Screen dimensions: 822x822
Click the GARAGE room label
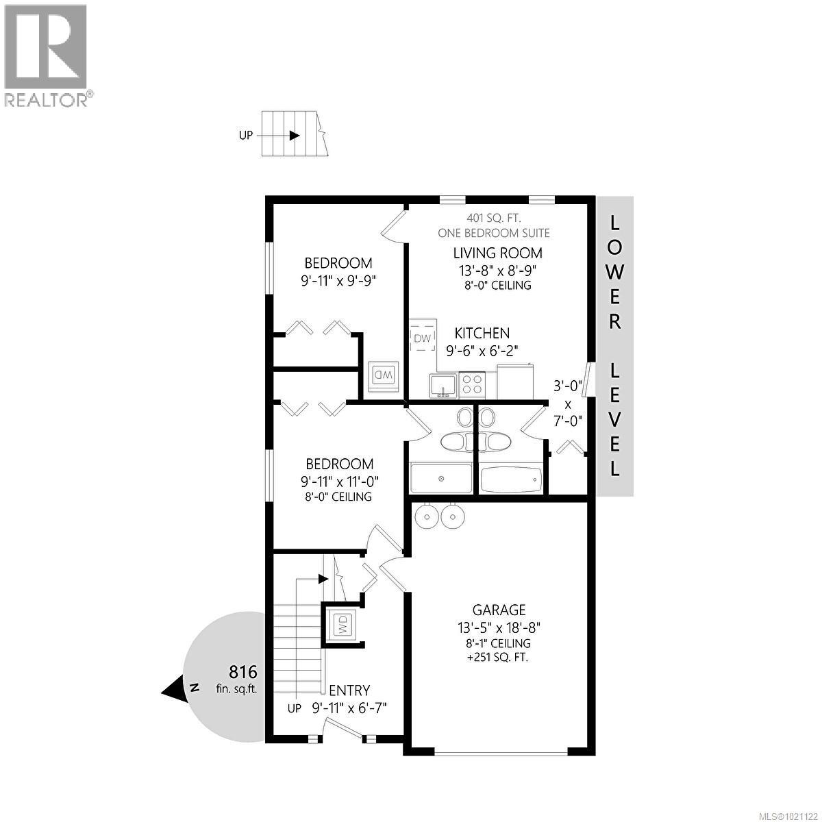[499, 609]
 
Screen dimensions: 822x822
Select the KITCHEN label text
[482, 333]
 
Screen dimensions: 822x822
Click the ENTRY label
[349, 690]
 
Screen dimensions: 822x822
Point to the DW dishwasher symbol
[423, 338]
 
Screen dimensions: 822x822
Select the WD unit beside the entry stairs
[341, 625]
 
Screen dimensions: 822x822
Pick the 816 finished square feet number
[242, 671]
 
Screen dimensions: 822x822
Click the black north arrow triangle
[174, 688]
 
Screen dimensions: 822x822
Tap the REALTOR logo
[46, 55]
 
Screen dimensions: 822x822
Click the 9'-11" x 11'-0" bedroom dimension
[340, 481]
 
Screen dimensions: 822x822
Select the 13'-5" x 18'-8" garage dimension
[499, 626]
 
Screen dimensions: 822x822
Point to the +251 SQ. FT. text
[499, 658]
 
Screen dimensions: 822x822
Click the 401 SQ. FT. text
[493, 219]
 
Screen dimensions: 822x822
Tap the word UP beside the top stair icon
[246, 135]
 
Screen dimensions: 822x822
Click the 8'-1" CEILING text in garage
[499, 643]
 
